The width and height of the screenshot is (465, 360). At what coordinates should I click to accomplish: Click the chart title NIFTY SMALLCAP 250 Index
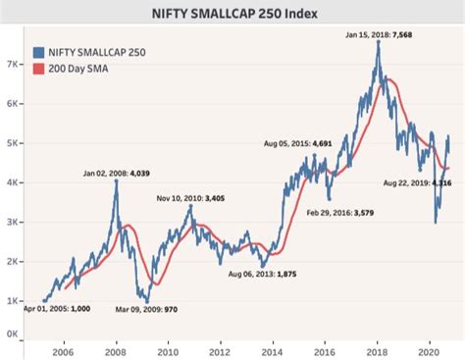tap(232, 15)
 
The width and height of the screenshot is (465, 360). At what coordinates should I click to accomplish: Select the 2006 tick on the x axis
tap(63, 349)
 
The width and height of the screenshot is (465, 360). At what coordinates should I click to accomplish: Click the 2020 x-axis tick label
tap(428, 349)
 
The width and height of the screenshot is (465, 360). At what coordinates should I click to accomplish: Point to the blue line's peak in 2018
tap(379, 42)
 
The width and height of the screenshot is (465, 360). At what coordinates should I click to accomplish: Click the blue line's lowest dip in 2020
tap(436, 222)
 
